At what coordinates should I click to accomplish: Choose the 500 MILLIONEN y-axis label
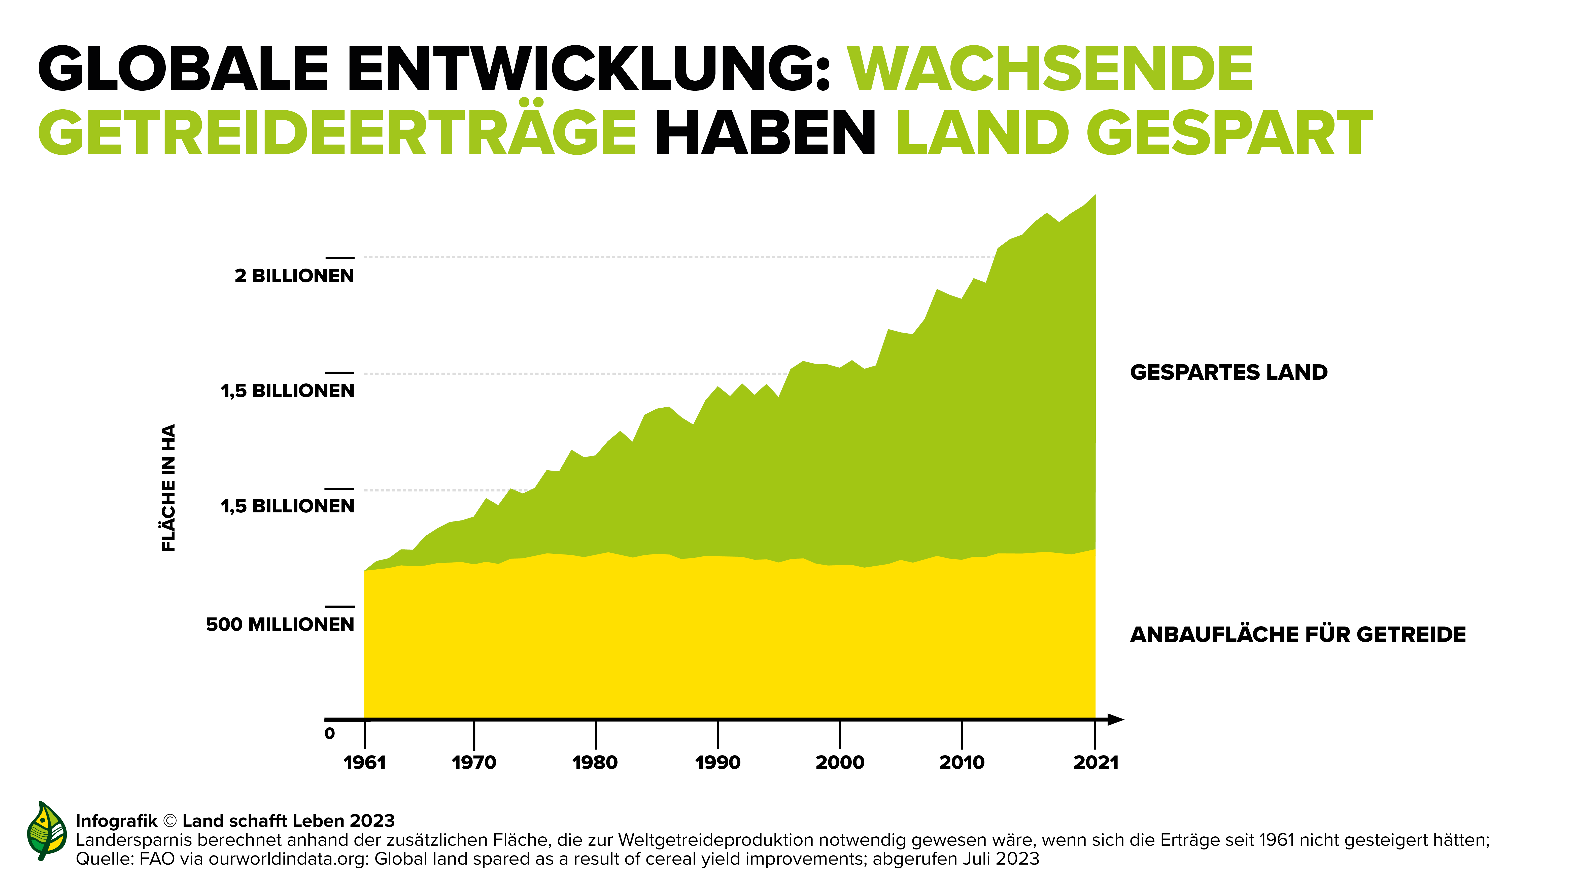pyautogui.click(x=280, y=625)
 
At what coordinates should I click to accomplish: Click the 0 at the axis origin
pyautogui.click(x=329, y=733)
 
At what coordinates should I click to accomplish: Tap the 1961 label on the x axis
pyautogui.click(x=365, y=763)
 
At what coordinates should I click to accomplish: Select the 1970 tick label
pyautogui.click(x=474, y=763)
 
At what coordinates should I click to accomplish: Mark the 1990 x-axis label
pyautogui.click(x=718, y=763)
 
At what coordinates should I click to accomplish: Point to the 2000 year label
pyautogui.click(x=840, y=763)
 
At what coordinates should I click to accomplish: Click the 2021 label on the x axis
pyautogui.click(x=1096, y=763)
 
